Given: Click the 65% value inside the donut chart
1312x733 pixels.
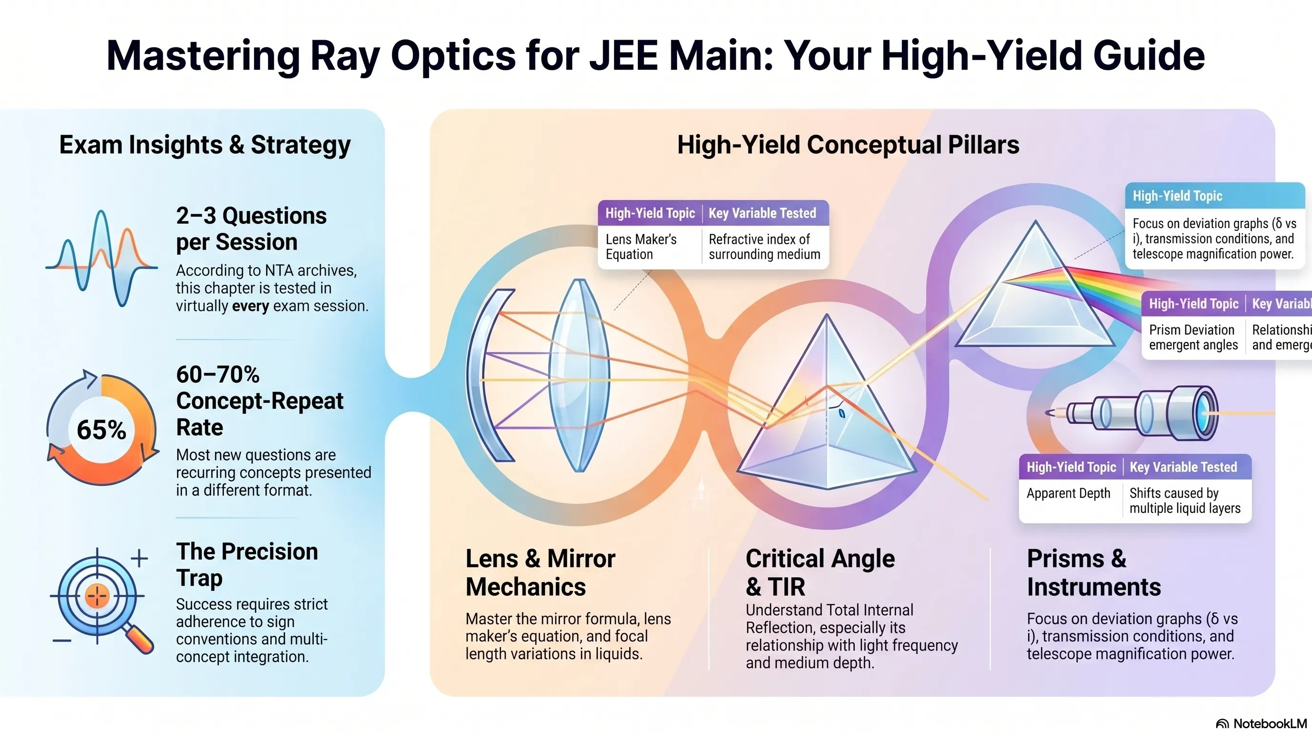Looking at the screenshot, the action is pyautogui.click(x=102, y=429).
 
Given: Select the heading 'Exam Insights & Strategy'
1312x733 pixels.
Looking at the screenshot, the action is pyautogui.click(x=205, y=145).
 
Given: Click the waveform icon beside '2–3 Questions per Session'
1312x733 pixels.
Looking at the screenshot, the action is pyautogui.click(x=102, y=258).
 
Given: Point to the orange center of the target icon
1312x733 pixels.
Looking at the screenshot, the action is pyautogui.click(x=97, y=595).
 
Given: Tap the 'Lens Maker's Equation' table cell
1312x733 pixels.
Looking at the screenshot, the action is pyautogui.click(x=641, y=247).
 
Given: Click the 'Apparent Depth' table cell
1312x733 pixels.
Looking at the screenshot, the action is pyautogui.click(x=1068, y=493).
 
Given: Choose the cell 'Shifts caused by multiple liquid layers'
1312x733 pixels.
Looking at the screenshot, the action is pyautogui.click(x=1185, y=501).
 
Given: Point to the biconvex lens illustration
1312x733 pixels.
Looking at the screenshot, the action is pyautogui.click(x=579, y=375).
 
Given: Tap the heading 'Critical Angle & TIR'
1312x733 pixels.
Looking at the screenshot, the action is pyautogui.click(x=820, y=573).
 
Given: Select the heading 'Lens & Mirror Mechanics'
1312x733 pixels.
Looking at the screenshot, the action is pyautogui.click(x=540, y=573).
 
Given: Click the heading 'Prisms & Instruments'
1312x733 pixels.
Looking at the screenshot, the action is pyautogui.click(x=1094, y=573).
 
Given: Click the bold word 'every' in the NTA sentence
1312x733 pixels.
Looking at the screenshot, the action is pyautogui.click(x=251, y=306).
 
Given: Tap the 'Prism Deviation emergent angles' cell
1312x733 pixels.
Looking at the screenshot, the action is pyautogui.click(x=1193, y=337).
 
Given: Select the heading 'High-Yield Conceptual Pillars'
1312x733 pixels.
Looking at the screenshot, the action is pyautogui.click(x=848, y=145).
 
